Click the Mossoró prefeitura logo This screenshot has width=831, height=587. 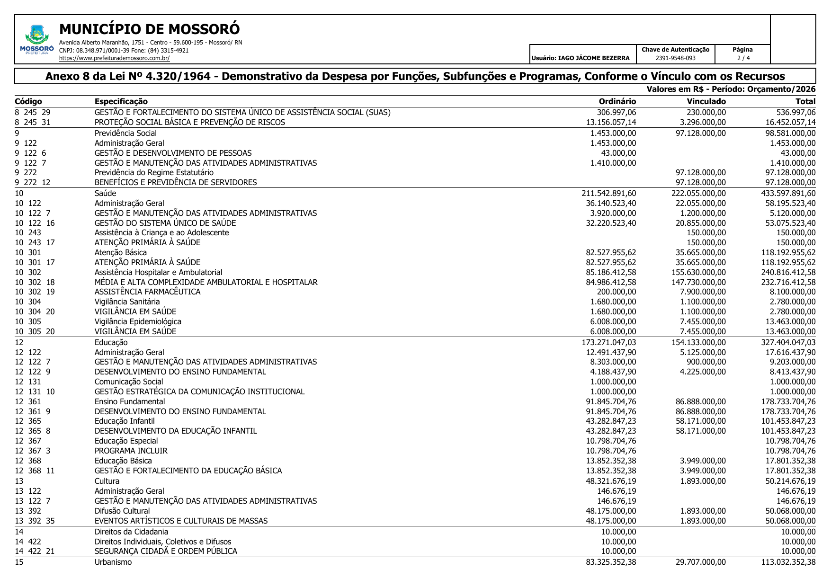pyautogui.click(x=36, y=40)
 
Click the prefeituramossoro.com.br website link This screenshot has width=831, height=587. pyautogui.click(x=114, y=58)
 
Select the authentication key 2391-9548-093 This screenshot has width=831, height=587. pyautogui.click(x=675, y=58)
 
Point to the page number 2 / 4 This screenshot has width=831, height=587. pyautogui.click(x=743, y=58)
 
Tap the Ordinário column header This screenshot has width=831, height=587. pyautogui.click(x=617, y=101)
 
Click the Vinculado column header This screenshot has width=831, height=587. pyautogui.click(x=706, y=101)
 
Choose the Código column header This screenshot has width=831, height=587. pyautogui.click(x=28, y=101)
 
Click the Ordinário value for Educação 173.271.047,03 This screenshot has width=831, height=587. pyautogui.click(x=608, y=342)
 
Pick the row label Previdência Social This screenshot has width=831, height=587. pyautogui.click(x=125, y=133)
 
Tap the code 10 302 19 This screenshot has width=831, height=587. pyautogui.click(x=35, y=292)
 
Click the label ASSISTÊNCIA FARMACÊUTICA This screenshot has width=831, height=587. pyautogui.click(x=147, y=292)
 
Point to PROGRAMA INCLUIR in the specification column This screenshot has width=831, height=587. pyautogui.click(x=131, y=451)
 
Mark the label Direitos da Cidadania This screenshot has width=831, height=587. pyautogui.click(x=131, y=532)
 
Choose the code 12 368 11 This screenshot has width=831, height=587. pyautogui.click(x=35, y=471)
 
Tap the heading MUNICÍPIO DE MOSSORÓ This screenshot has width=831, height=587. pyautogui.click(x=149, y=29)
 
